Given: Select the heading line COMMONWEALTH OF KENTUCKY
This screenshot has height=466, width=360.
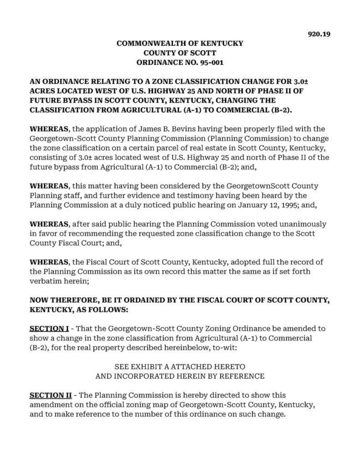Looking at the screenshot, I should pos(180,44).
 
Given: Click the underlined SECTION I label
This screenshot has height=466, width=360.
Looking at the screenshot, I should pos(49,328).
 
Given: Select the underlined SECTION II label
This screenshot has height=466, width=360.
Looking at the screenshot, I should pos(51,395).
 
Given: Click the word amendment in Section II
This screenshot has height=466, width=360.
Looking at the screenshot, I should pos(57,404).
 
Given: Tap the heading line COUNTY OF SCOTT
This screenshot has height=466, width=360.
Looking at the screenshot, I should pos(180,53).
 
